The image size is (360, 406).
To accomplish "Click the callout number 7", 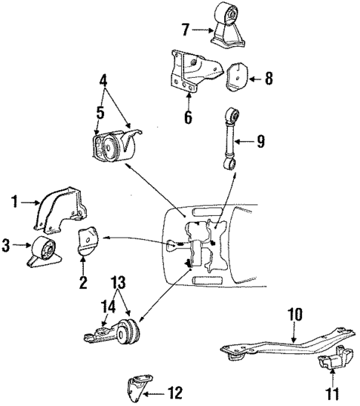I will [186, 30].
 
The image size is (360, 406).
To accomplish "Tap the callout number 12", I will [175, 391].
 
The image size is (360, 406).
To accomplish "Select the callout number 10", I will [295, 315].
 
